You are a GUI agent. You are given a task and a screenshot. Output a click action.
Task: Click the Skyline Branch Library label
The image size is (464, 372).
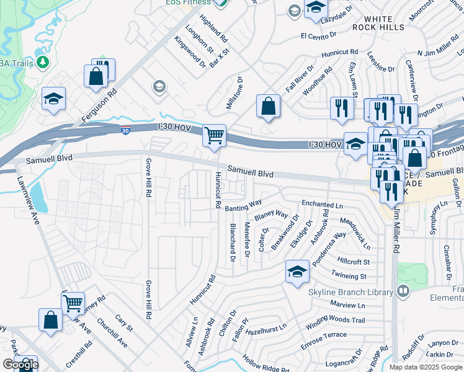(x=350, y=291)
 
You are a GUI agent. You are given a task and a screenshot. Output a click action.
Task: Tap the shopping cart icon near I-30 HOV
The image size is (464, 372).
(x=214, y=135)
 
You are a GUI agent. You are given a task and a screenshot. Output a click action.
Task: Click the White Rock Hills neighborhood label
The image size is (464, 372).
(x=390, y=23)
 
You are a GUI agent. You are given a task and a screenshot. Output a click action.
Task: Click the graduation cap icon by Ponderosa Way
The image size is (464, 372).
(x=297, y=272)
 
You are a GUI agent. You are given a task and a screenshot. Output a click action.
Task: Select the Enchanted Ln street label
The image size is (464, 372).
(x=322, y=204)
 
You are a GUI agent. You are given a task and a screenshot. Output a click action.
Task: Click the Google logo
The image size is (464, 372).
(x=20, y=365)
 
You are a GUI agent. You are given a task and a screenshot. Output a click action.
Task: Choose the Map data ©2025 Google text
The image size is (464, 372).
(x=426, y=367)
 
